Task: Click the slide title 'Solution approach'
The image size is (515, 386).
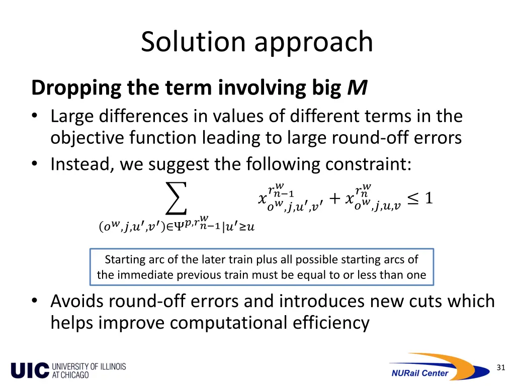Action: (257, 42)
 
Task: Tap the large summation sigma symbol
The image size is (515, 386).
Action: (176, 198)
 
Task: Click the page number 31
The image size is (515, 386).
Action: (500, 367)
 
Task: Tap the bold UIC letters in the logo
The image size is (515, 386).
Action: (30, 370)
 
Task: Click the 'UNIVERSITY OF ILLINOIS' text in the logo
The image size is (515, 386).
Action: (89, 366)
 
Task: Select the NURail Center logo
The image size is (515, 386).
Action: (437, 366)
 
